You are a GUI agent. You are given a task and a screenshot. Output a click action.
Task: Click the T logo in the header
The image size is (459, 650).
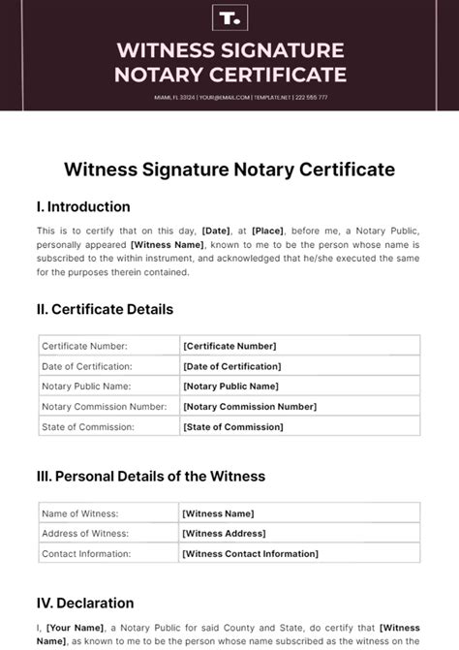229,17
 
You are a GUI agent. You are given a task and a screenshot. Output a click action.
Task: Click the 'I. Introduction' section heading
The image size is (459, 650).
83,206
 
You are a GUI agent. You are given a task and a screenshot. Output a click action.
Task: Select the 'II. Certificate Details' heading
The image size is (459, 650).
105,310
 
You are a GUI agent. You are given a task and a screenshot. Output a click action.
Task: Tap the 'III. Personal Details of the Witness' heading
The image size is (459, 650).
150,477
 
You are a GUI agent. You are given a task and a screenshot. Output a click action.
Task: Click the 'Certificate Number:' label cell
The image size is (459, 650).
84,346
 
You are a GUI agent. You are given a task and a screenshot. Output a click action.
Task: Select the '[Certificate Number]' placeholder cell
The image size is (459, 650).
229,346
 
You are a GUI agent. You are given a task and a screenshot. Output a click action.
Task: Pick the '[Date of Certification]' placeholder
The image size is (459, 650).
232,366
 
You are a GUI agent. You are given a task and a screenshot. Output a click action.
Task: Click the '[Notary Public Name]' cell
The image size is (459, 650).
230,387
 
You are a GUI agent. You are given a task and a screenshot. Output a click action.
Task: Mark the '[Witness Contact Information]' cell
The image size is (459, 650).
249,554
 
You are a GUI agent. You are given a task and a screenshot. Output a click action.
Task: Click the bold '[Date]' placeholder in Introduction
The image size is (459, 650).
216,232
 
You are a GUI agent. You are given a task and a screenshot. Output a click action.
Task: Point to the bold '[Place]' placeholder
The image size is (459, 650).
267,232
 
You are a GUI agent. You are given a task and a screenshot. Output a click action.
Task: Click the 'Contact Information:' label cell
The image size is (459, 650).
87,554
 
